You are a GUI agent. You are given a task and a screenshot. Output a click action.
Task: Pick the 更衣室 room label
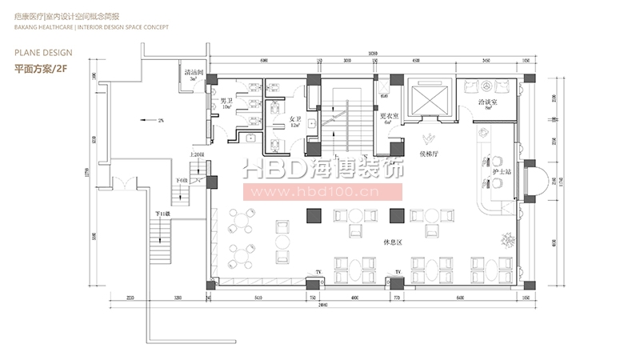coord(390,116)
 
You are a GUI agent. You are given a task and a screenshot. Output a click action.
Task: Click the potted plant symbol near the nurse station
coord(505,238)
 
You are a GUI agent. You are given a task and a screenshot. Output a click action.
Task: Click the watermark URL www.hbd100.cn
coord(320,192)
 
